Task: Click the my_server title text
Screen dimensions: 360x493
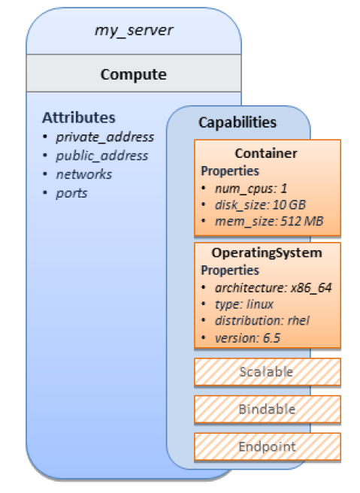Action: pyautogui.click(x=134, y=31)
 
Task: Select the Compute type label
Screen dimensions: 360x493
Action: pyautogui.click(x=134, y=74)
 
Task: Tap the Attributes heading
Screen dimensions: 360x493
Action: pyautogui.click(x=79, y=117)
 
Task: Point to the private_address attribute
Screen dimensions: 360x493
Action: pyautogui.click(x=105, y=137)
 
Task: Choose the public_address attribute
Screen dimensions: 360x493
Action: pyautogui.click(x=102, y=156)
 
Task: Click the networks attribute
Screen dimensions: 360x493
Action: pyautogui.click(x=84, y=174)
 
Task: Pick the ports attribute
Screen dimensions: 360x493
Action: pyautogui.click(x=71, y=193)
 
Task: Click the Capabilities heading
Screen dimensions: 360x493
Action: pyautogui.click(x=237, y=122)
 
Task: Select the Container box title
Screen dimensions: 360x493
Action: pyautogui.click(x=266, y=153)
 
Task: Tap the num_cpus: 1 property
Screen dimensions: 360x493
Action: pyautogui.click(x=251, y=189)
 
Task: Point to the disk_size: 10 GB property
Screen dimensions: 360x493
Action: pyautogui.click(x=260, y=205)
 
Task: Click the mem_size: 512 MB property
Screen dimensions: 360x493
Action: pyautogui.click(x=269, y=222)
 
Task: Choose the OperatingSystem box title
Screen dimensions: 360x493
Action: pyautogui.click(x=267, y=253)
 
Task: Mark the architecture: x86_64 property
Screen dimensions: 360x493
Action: pyautogui.click(x=274, y=288)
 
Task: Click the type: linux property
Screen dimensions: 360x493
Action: pyautogui.click(x=244, y=304)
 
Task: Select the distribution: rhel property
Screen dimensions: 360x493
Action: pyautogui.click(x=262, y=321)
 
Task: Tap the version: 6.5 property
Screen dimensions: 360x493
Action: pyautogui.click(x=247, y=338)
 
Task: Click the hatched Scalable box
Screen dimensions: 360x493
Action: pyautogui.click(x=268, y=372)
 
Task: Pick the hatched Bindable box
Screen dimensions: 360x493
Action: pyautogui.click(x=268, y=410)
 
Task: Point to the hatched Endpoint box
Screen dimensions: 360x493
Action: pyautogui.click(x=268, y=446)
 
